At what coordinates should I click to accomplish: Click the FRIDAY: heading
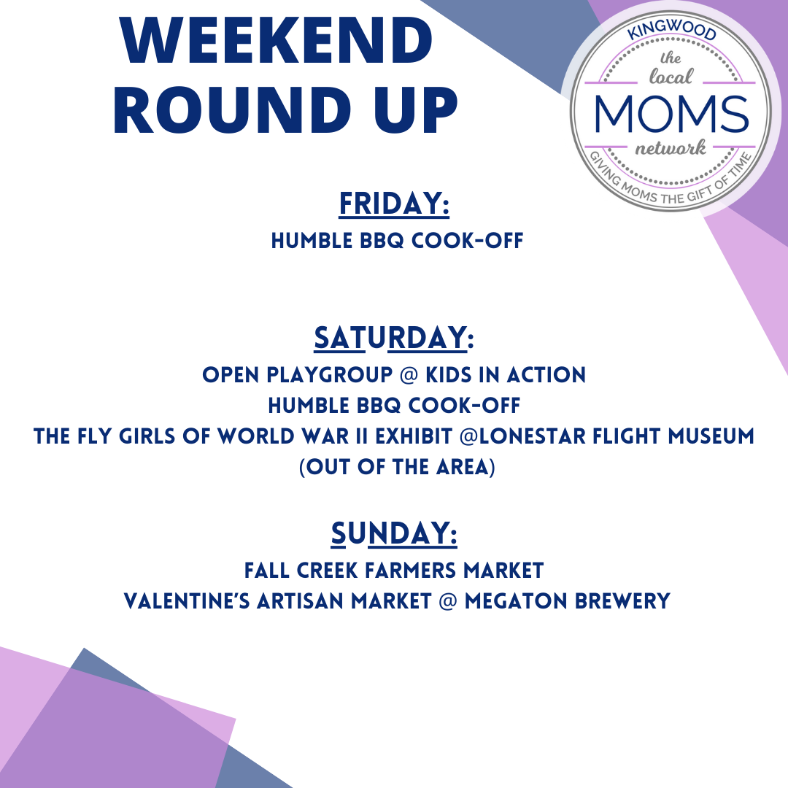pos(394,204)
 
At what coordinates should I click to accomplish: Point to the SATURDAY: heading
pos(394,338)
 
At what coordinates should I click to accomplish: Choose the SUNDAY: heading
pos(394,533)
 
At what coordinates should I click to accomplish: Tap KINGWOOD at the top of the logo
pos(671,35)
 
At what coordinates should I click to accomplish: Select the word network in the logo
pos(671,150)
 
